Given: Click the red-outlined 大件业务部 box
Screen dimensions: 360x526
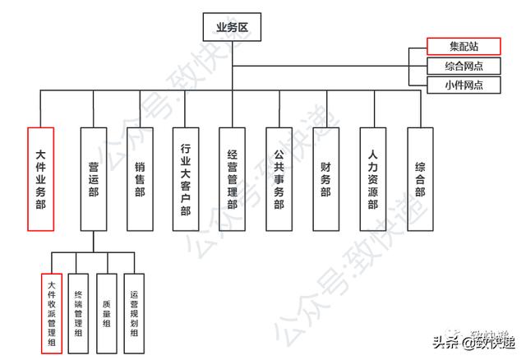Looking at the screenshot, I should click(x=40, y=178).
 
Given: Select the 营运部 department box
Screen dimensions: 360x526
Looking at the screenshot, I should click(x=93, y=178).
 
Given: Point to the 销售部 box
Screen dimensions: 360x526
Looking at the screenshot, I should click(x=140, y=178).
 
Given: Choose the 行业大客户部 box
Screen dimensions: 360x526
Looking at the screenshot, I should click(x=187, y=178).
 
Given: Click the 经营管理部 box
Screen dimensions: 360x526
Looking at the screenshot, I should click(x=233, y=178).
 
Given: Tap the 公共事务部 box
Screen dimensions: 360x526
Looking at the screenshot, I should click(x=279, y=178).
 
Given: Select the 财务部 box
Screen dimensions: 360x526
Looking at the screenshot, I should click(x=326, y=178).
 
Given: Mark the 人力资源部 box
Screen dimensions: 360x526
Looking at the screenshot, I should click(x=373, y=178).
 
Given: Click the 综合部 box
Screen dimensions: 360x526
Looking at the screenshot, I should click(x=420, y=178).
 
